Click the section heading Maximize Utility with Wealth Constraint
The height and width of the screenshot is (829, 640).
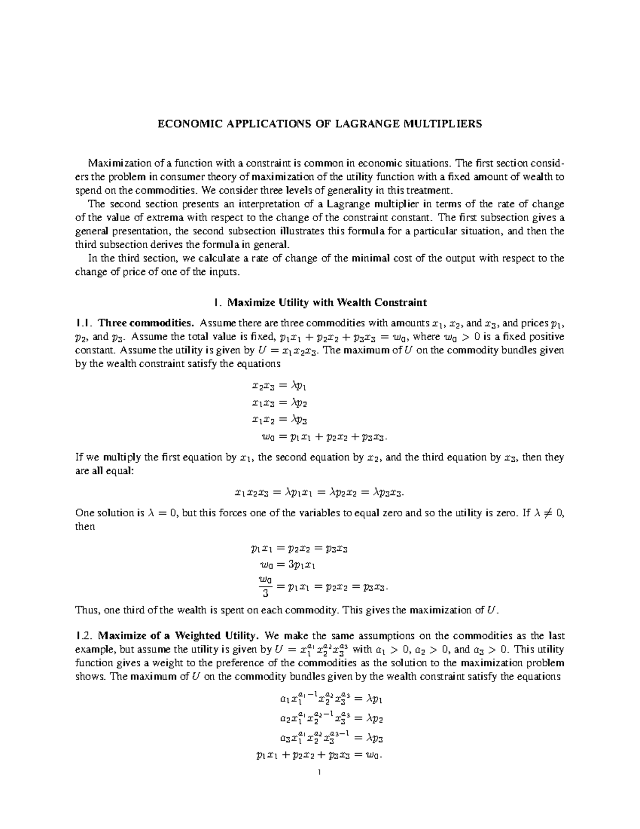(x=327, y=303)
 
